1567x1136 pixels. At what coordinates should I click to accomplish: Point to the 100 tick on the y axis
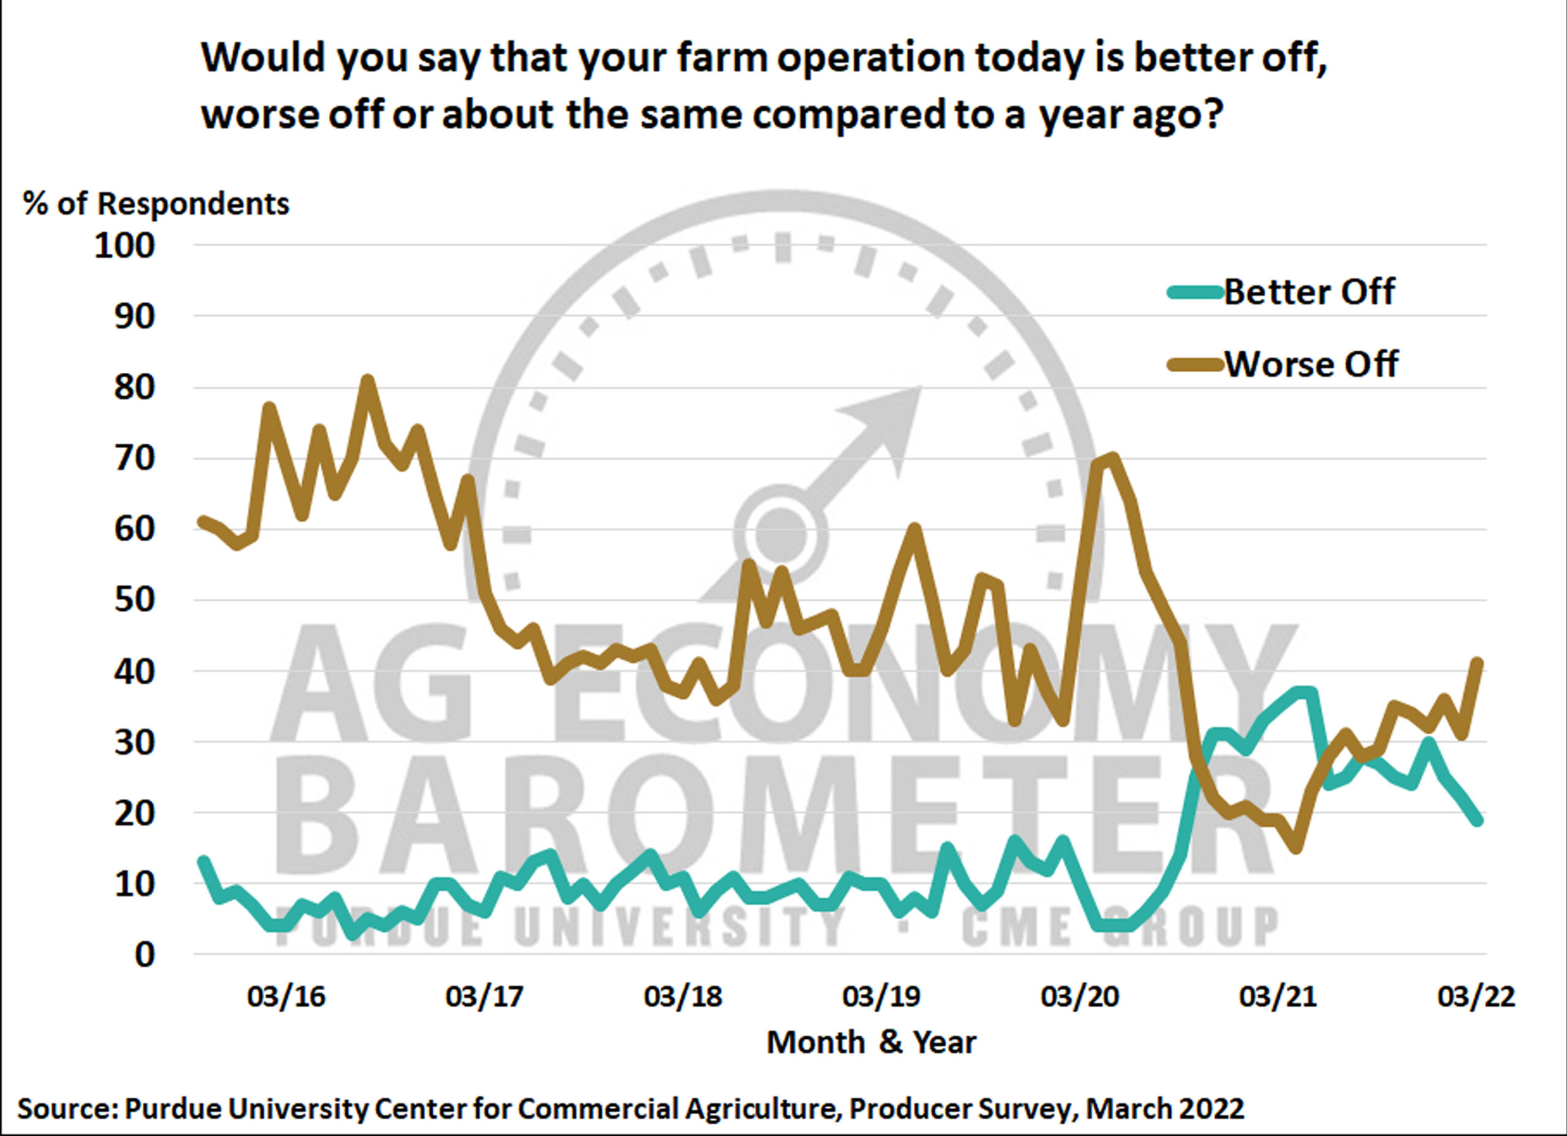point(125,246)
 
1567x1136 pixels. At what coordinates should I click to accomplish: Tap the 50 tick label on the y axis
point(135,600)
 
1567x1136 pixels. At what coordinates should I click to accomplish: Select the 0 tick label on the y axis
point(145,955)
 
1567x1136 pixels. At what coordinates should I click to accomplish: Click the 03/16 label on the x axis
point(286,996)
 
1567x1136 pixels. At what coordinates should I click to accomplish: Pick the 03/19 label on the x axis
point(881,996)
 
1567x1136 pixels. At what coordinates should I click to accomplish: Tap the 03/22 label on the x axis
point(1476,996)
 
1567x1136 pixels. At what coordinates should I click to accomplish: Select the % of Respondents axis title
point(156,204)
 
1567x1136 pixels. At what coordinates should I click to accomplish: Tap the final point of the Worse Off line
point(1478,662)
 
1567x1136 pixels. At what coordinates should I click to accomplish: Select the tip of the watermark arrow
point(919,387)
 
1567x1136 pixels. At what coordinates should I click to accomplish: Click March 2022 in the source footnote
point(1165,1109)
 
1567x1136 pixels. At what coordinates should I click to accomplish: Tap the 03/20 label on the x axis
point(1079,996)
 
